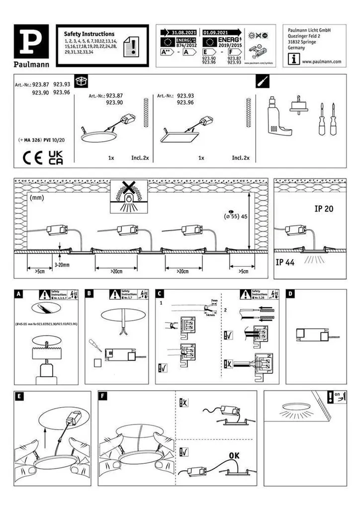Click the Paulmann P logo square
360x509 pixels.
point(31,41)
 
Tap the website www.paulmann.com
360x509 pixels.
point(322,61)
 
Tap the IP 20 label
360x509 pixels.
point(324,209)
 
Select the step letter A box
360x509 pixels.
point(18,294)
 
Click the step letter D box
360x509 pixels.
point(291,294)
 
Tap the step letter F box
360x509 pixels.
point(103,396)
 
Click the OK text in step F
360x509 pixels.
point(235,455)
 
